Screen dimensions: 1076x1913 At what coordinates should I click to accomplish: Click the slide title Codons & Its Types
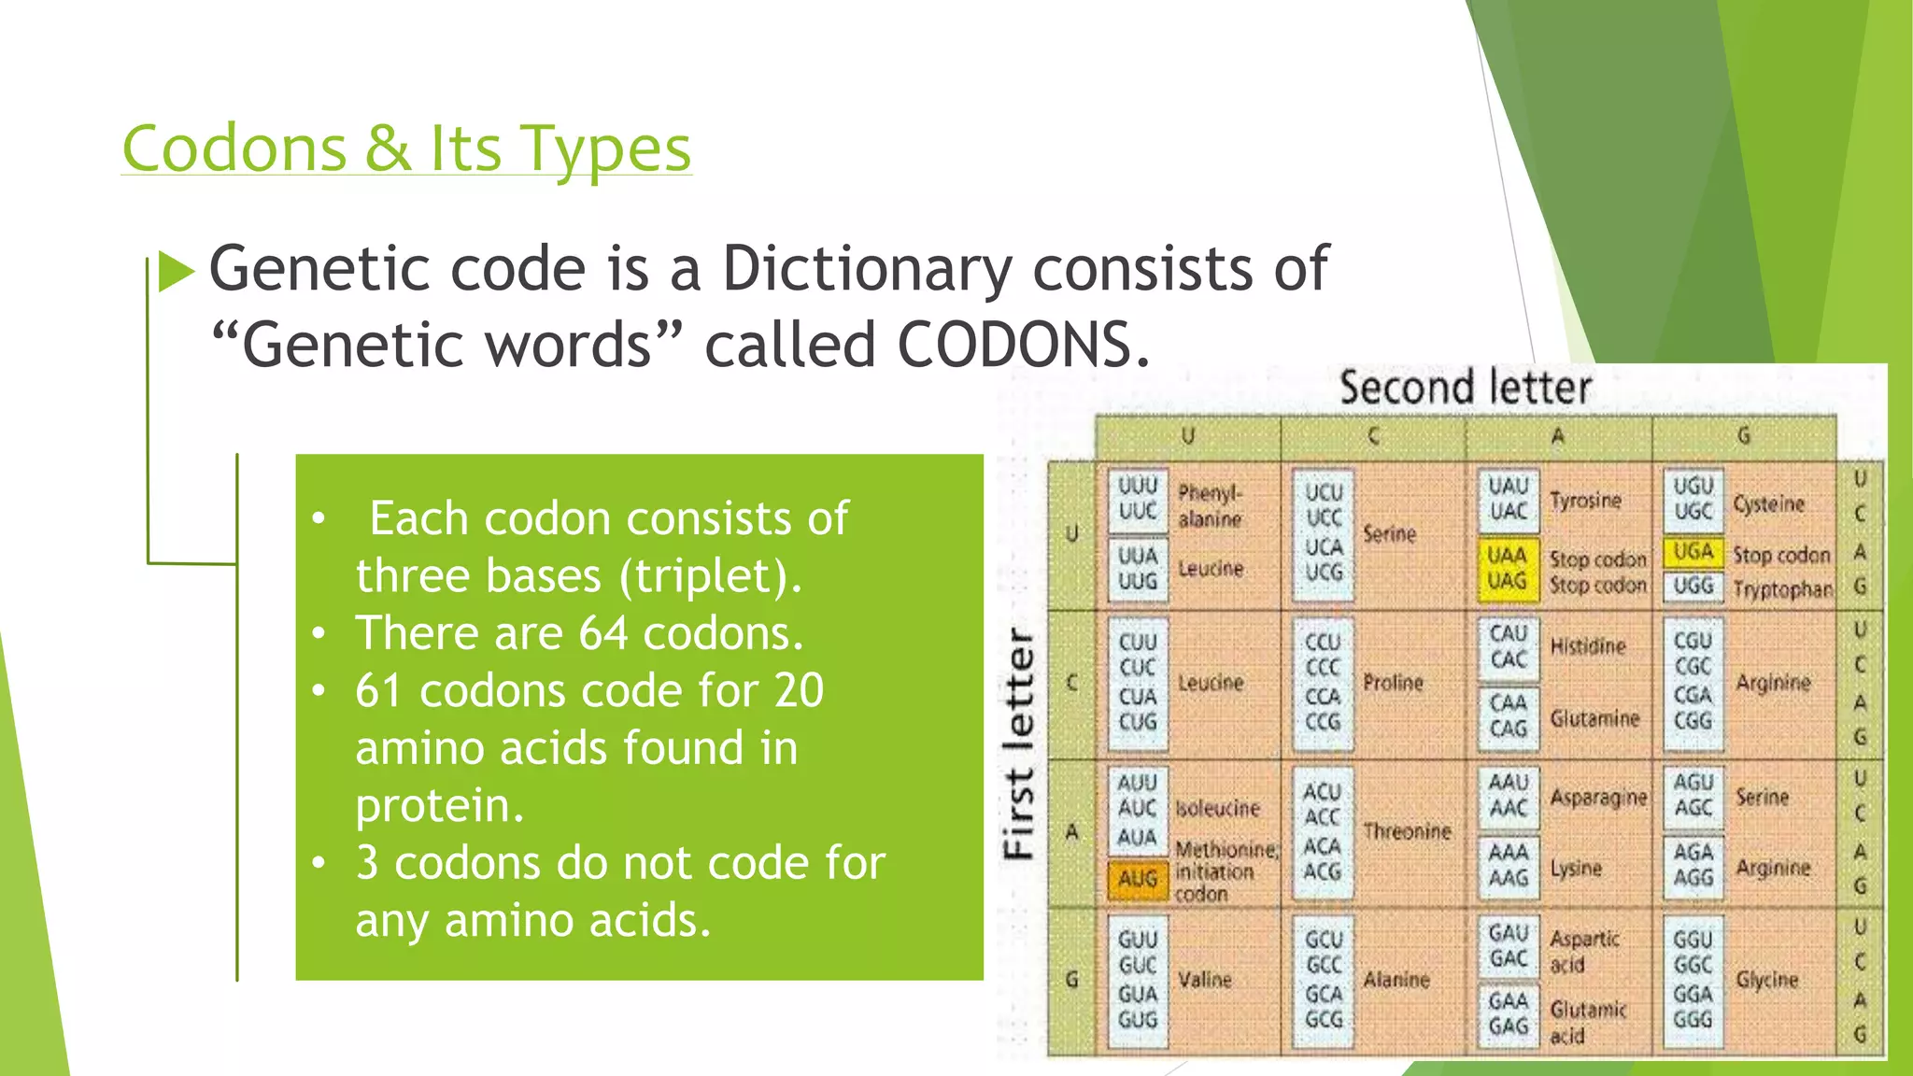pyautogui.click(x=406, y=149)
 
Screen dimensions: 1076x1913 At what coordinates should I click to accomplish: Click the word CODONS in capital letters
pyautogui.click(x=1023, y=345)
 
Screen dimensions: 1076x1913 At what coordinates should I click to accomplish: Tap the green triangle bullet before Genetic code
pyautogui.click(x=176, y=272)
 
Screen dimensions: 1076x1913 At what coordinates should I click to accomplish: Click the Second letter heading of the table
pyautogui.click(x=1465, y=388)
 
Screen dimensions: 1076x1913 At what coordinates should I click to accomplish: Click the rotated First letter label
pyautogui.click(x=1019, y=743)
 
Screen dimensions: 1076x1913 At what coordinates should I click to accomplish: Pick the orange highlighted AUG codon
pyautogui.click(x=1137, y=879)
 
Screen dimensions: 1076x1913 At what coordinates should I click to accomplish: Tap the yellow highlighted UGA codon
pyautogui.click(x=1693, y=552)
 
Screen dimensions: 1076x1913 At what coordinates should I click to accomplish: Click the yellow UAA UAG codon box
pyautogui.click(x=1507, y=568)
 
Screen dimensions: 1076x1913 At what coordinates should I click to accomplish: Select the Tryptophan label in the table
pyautogui.click(x=1782, y=589)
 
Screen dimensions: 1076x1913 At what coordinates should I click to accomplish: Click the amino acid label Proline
pyautogui.click(x=1393, y=683)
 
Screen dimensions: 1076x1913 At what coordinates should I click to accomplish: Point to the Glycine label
pyautogui.click(x=1766, y=980)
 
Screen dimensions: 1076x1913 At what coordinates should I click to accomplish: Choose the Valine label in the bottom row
pyautogui.click(x=1205, y=980)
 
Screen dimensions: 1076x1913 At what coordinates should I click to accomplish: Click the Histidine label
pyautogui.click(x=1588, y=646)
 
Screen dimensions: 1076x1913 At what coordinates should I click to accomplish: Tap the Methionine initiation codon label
pyautogui.click(x=1225, y=871)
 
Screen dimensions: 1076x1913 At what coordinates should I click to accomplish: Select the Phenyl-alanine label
pyautogui.click(x=1210, y=505)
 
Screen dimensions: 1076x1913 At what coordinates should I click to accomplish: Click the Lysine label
pyautogui.click(x=1576, y=868)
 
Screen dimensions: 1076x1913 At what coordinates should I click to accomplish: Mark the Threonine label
pyautogui.click(x=1407, y=831)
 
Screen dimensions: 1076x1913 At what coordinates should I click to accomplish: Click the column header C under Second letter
pyautogui.click(x=1372, y=436)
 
